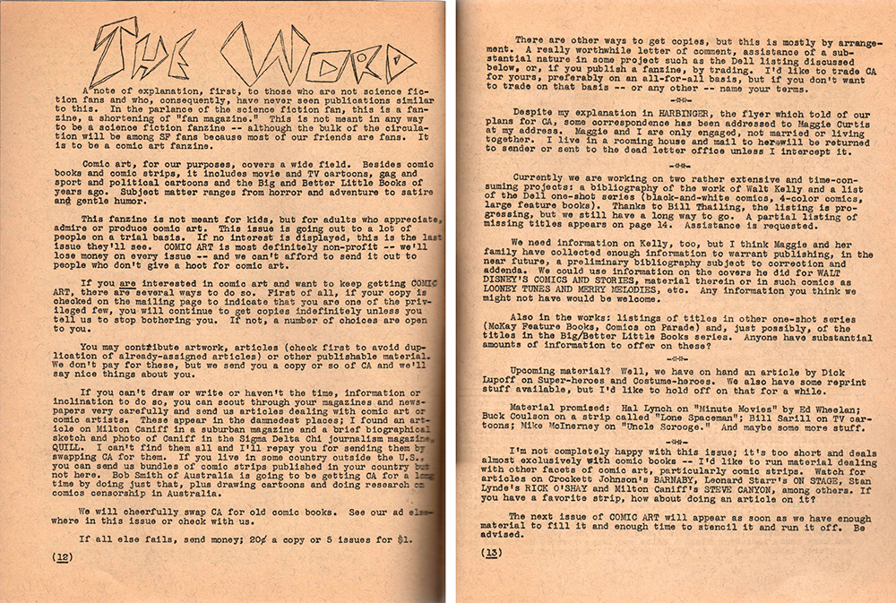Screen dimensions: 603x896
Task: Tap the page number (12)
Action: (62, 556)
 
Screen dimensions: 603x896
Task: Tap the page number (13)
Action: (493, 554)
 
